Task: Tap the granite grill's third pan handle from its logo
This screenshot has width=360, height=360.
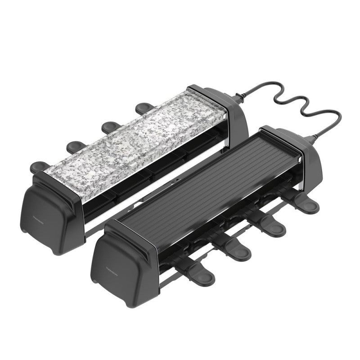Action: click(x=109, y=126)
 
